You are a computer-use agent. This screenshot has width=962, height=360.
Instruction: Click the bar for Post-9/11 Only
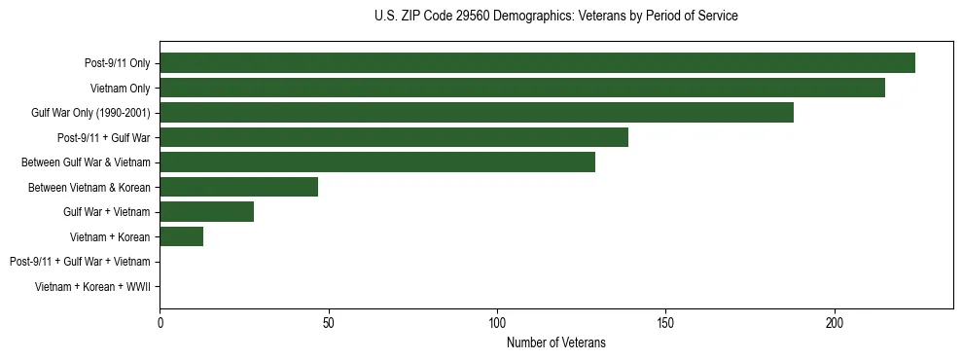(537, 62)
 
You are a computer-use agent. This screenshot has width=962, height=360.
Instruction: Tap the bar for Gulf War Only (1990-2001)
(477, 112)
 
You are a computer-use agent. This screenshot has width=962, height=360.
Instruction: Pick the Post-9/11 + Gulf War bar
(394, 137)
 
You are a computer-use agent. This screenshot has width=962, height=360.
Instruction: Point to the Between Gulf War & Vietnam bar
(377, 162)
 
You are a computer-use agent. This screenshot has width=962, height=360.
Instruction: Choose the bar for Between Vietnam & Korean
(239, 187)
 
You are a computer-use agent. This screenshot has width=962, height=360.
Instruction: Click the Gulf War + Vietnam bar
(207, 211)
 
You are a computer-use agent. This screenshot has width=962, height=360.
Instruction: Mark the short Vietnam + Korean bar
(182, 236)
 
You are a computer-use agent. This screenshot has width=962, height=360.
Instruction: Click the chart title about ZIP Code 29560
(555, 17)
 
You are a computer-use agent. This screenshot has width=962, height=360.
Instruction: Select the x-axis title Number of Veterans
(555, 342)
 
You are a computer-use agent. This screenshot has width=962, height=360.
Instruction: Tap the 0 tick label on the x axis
(160, 322)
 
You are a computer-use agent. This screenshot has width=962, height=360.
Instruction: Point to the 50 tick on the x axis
(329, 322)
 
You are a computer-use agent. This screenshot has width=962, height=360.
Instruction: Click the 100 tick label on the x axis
(497, 322)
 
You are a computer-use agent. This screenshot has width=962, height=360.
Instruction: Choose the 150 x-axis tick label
(665, 322)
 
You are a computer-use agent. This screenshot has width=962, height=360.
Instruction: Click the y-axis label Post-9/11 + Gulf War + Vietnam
(80, 262)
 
